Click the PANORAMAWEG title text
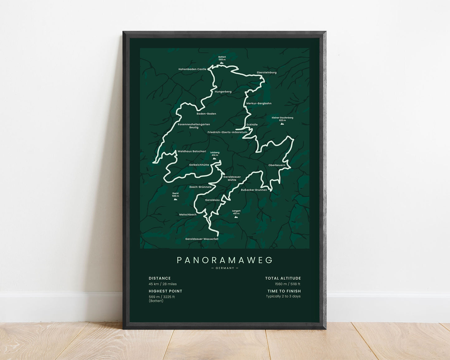(x=225, y=260)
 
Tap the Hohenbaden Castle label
(x=192, y=69)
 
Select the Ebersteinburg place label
(x=267, y=73)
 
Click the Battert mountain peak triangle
(x=222, y=63)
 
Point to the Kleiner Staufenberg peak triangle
(x=282, y=124)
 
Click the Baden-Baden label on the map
(x=206, y=114)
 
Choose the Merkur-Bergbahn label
(x=259, y=103)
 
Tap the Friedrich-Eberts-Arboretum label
(x=227, y=132)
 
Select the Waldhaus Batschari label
(x=192, y=151)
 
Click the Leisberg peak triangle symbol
(x=215, y=159)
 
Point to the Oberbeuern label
(x=277, y=165)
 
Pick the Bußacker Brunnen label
(x=254, y=190)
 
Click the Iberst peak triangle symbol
(x=175, y=199)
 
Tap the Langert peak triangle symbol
(x=236, y=217)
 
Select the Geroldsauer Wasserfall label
(x=202, y=239)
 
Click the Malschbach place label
(x=188, y=215)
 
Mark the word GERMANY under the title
(x=225, y=268)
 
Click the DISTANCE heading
(x=160, y=278)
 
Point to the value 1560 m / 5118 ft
(x=287, y=284)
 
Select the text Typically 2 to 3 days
(x=283, y=296)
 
